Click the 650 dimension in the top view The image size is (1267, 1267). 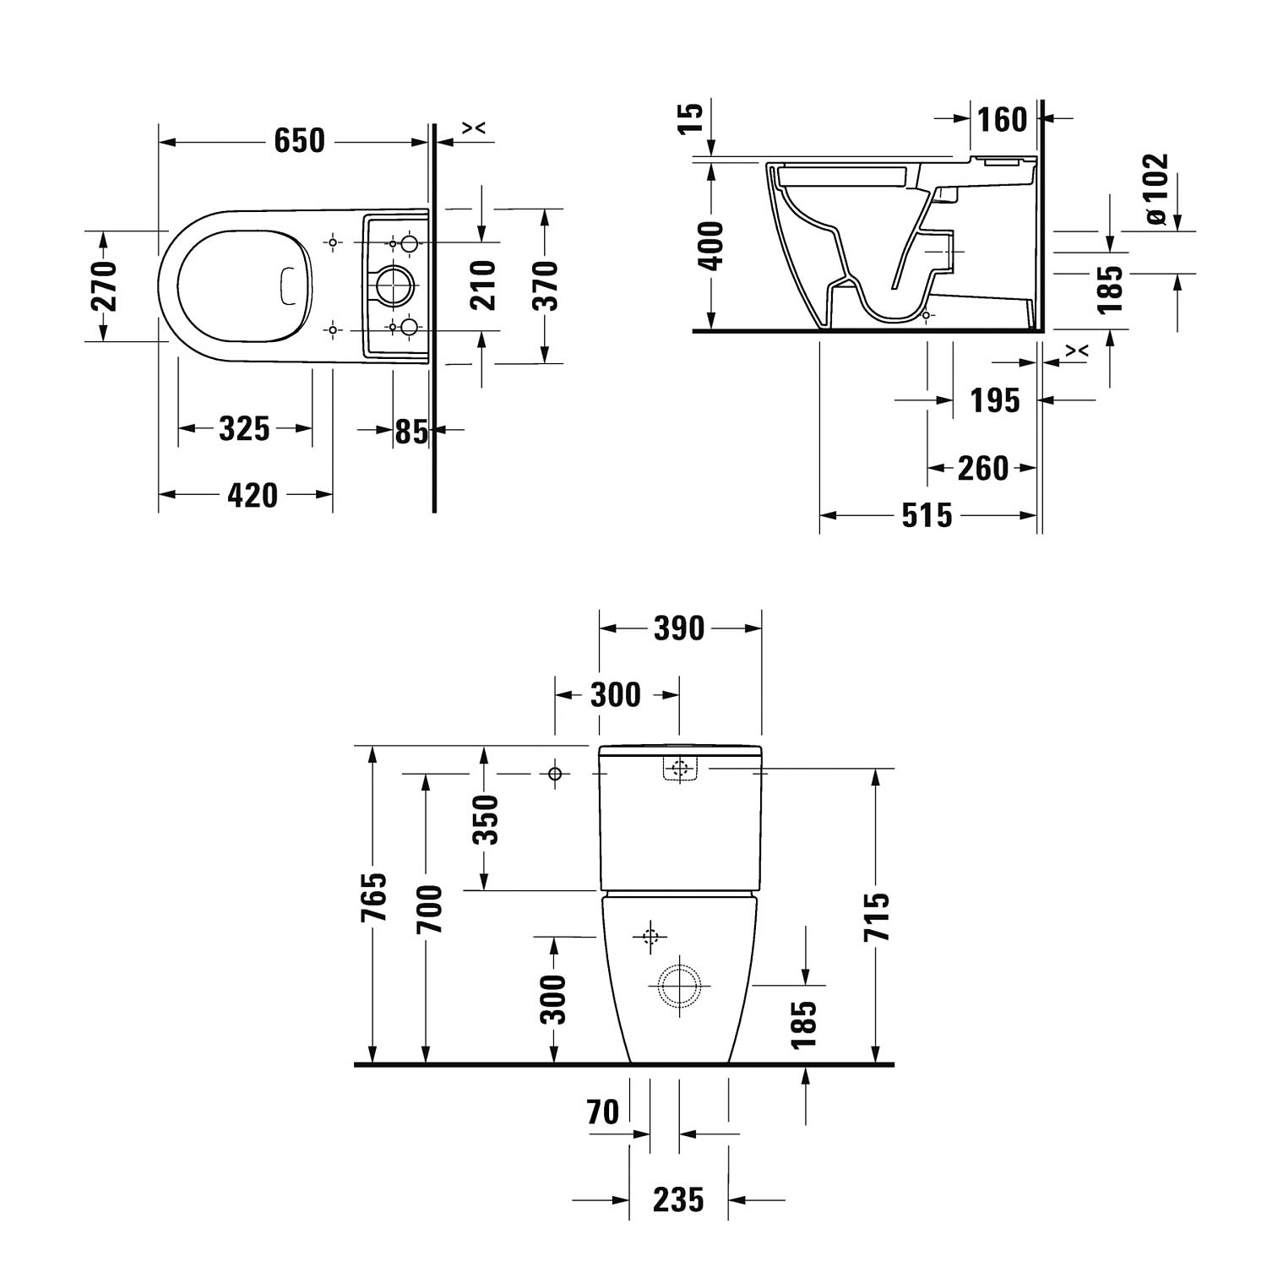click(x=299, y=140)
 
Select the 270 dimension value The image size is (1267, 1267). click(x=103, y=286)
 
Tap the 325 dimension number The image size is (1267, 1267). click(x=244, y=429)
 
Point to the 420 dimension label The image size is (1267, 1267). click(x=253, y=495)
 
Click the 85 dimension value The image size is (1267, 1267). click(x=412, y=431)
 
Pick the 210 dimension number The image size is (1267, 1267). click(x=482, y=285)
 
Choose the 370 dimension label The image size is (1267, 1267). click(x=545, y=285)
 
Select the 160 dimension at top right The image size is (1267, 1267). click(x=1003, y=120)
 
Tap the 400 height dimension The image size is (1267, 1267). click(x=712, y=245)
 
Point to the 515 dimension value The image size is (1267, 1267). click(x=927, y=515)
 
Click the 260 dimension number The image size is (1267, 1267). click(x=982, y=468)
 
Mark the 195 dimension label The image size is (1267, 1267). click(x=995, y=400)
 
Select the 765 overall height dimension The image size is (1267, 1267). click(x=372, y=897)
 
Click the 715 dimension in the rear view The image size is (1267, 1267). click(x=877, y=917)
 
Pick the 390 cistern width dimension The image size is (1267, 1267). click(x=679, y=628)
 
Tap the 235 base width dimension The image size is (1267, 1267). click(x=678, y=1199)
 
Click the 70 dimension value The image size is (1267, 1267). click(x=603, y=1112)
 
